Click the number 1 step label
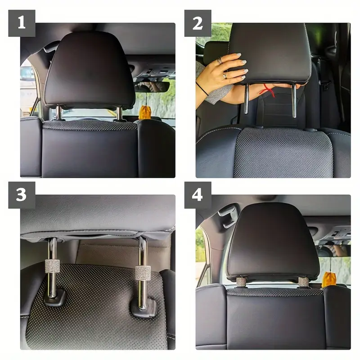pos(22,23)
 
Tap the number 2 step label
pos(198,23)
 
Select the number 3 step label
pos(22,195)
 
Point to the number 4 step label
pos(198,195)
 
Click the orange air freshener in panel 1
pos(144,112)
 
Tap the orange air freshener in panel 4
pos(329,279)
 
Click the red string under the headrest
pos(268,90)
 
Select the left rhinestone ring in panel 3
pos(52,266)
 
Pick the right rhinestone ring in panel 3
pos(143,273)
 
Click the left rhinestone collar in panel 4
pos(241,282)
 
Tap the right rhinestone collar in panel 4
pos(303,282)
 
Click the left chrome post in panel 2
pos(247,99)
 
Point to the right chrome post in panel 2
pos(294,100)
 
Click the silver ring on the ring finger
pos(225,76)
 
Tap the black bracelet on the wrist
pos(202,89)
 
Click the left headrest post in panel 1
pos(58,112)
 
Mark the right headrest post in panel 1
pos(119,113)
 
